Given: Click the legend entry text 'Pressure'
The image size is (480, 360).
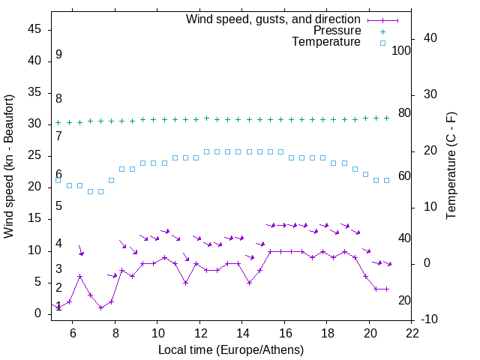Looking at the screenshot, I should (337, 31).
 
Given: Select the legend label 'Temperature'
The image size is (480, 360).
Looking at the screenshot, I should (326, 42).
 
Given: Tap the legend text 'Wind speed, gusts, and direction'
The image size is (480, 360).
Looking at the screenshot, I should (273, 19).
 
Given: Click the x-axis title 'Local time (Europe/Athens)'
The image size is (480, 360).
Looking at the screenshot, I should (231, 349).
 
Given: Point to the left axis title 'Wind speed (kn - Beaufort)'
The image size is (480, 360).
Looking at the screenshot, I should (9, 166).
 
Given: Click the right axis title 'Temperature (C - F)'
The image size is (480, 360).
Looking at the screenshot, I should (451, 166).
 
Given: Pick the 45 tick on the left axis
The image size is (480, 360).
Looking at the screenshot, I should (34, 29).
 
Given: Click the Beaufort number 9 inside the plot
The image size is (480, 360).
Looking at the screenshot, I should (58, 55).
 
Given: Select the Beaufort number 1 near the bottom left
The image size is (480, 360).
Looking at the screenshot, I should (58, 306).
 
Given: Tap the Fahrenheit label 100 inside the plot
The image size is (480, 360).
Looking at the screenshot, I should (401, 50).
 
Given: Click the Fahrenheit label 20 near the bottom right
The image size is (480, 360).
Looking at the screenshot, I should (404, 300).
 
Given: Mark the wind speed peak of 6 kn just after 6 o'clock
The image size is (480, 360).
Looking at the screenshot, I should (79, 276).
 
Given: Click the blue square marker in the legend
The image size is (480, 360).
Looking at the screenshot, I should (382, 43).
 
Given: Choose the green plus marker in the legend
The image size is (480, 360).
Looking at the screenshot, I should (382, 31).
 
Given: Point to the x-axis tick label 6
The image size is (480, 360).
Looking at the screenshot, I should (73, 333).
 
